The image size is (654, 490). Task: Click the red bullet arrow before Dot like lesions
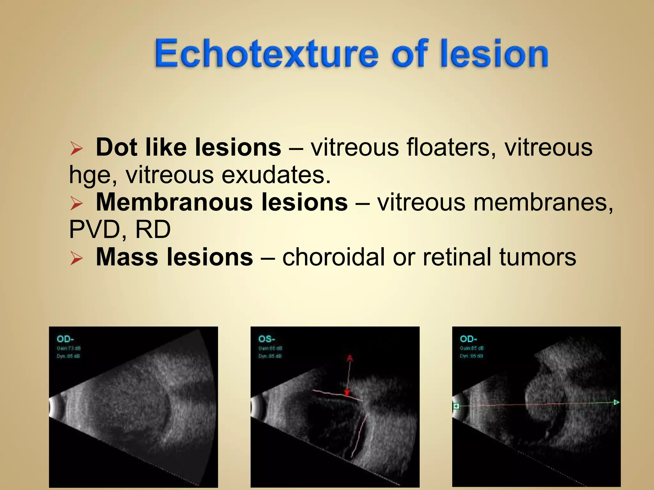(76, 149)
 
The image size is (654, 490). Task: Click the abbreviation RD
(153, 230)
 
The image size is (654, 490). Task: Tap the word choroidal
(333, 257)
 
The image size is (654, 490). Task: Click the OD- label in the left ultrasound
(65, 339)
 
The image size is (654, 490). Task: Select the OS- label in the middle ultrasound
(267, 339)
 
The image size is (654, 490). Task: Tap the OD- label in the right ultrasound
(468, 339)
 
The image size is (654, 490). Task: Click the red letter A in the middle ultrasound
(349, 359)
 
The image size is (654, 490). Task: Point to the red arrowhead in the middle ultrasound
(347, 393)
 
